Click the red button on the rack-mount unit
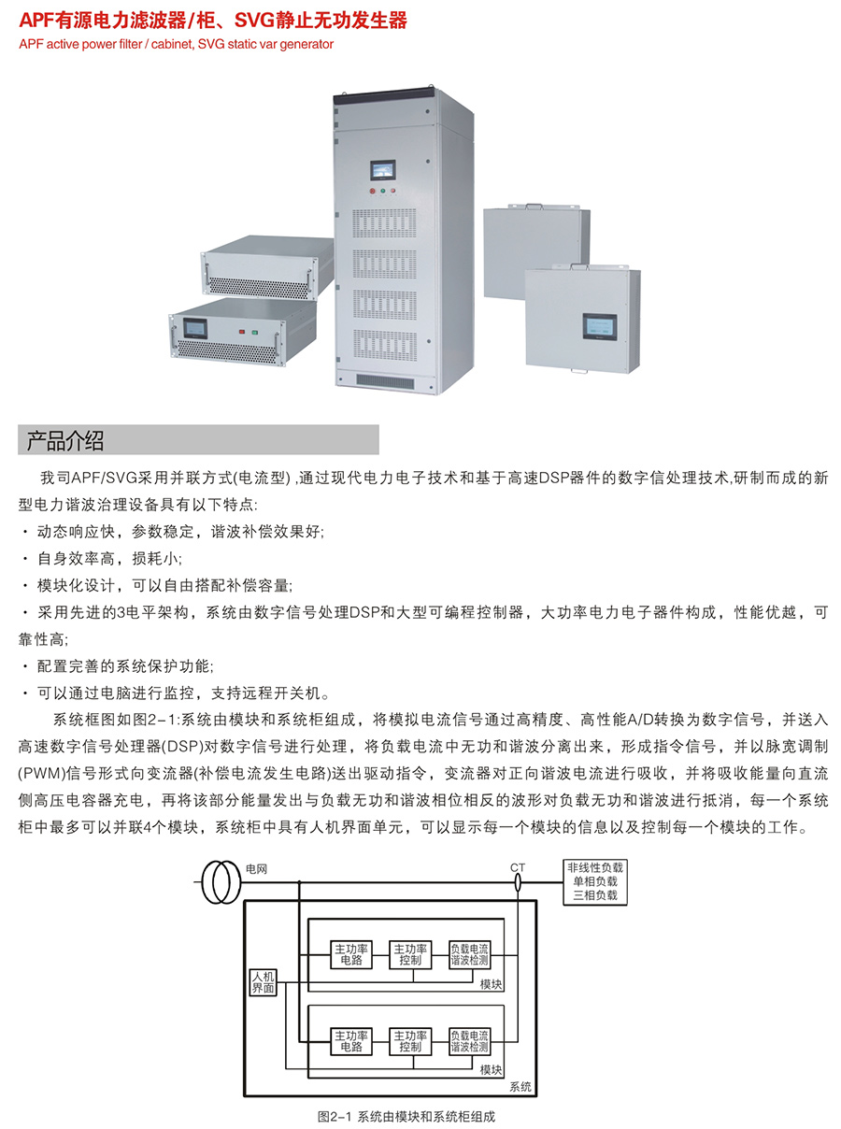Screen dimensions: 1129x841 pos(243,331)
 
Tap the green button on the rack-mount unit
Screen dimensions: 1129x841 pos(256,331)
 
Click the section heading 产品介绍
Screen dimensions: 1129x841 pos(65,440)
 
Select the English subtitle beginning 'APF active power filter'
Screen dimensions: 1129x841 pos(176,44)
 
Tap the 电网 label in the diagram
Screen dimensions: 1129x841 pos(256,868)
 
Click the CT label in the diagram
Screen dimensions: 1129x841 pos(518,867)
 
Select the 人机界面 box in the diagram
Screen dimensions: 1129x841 pos(263,982)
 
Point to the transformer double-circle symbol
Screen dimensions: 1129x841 pos(222,882)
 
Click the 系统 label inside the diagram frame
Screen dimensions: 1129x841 pos(520,1086)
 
